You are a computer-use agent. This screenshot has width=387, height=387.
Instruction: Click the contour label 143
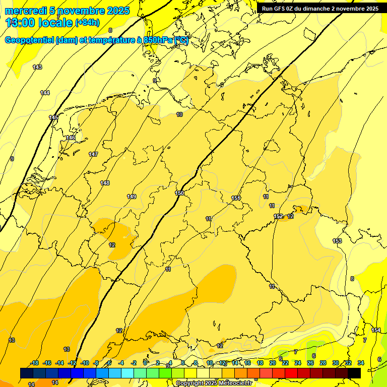click(37, 67)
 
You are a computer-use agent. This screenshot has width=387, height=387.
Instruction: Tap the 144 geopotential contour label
click(45, 93)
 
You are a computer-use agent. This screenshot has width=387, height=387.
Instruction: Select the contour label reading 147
click(93, 154)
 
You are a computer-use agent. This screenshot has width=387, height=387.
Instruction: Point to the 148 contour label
click(105, 183)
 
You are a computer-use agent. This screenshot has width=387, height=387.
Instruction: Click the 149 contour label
click(132, 197)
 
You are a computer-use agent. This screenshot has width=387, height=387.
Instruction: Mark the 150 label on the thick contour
click(179, 193)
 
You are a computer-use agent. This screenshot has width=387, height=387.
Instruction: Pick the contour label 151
click(236, 198)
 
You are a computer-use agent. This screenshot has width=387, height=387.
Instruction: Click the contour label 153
click(337, 241)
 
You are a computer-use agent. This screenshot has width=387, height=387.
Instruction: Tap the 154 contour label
click(376, 330)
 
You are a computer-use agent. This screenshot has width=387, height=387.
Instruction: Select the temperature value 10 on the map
click(179, 115)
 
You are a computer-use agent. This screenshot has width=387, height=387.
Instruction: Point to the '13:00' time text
click(20, 23)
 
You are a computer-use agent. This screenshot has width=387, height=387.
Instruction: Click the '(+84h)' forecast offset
click(87, 23)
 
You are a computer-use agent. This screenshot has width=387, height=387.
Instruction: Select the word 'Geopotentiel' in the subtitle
click(30, 40)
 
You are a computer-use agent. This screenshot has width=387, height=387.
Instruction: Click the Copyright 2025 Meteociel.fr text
click(214, 383)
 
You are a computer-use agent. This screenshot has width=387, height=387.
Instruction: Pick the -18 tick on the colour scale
click(34, 363)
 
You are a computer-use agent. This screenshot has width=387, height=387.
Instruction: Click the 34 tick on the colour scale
click(361, 363)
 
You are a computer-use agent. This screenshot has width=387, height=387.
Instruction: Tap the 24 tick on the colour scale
click(298, 363)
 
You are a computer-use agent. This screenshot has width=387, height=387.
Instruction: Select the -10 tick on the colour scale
click(85, 363)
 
